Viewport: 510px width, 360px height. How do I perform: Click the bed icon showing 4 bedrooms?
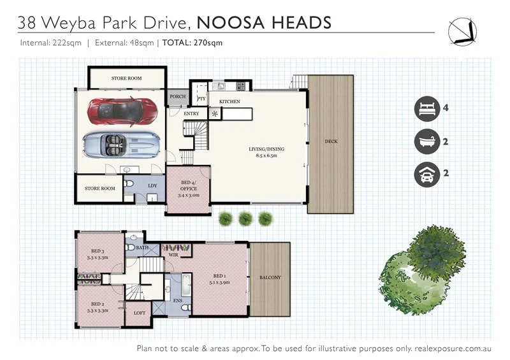[426, 108]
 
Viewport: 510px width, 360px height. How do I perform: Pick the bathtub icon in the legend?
[426, 141]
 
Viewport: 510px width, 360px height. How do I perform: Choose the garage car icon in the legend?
[426, 174]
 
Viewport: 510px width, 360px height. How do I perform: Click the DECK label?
[330, 141]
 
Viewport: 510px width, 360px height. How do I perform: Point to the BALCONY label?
[270, 278]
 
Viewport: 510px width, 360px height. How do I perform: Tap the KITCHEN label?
[229, 102]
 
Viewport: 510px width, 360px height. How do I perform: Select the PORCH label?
[177, 97]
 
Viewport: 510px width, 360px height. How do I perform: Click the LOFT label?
[140, 313]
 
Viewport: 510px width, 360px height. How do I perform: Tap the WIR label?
[172, 254]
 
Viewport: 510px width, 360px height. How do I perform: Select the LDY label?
[152, 186]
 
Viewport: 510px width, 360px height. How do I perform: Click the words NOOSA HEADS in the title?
[264, 24]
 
